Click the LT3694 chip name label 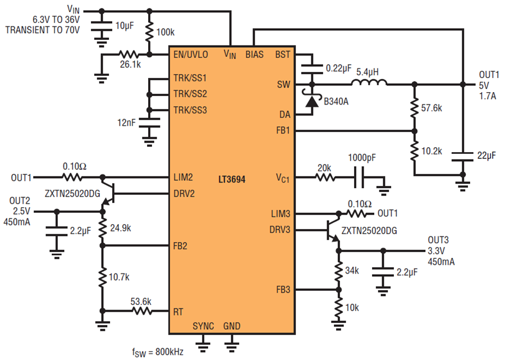pyautogui.click(x=232, y=179)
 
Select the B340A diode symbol pyautogui.click(x=311, y=101)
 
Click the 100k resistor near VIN pyautogui.click(x=149, y=32)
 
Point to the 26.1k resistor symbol pyautogui.click(x=129, y=54)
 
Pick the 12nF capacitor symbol pyautogui.click(x=149, y=123)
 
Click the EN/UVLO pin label pyautogui.click(x=191, y=54)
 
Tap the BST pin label pyautogui.click(x=283, y=54)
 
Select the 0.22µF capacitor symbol pyautogui.click(x=312, y=69)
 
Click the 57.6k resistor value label pyautogui.click(x=431, y=108)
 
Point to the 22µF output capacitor pyautogui.click(x=462, y=156)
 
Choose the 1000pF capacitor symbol pyautogui.click(x=359, y=177)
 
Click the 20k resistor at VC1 pyautogui.click(x=325, y=177)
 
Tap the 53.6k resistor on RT pyautogui.click(x=142, y=311)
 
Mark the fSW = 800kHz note pyautogui.click(x=158, y=352)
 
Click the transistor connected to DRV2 pyautogui.click(x=108, y=193)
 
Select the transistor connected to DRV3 pyautogui.click(x=333, y=230)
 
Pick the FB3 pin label pyautogui.click(x=283, y=290)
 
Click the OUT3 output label pyautogui.click(x=438, y=240)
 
